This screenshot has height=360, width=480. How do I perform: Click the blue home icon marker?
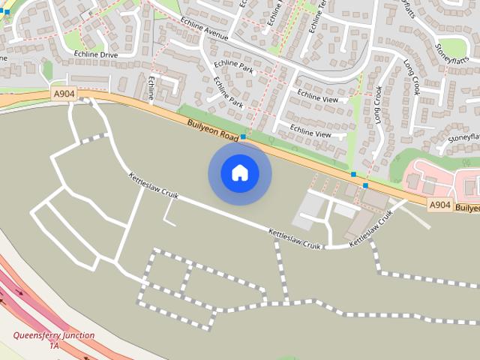[240, 173]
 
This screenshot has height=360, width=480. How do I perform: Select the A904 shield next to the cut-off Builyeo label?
[439, 204]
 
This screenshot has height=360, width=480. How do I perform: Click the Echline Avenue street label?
[203, 34]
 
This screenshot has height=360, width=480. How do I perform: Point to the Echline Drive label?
[95, 55]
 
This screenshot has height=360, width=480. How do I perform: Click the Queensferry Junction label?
[55, 335]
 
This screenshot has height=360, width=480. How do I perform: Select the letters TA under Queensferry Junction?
[54, 346]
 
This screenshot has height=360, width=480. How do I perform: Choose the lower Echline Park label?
[227, 91]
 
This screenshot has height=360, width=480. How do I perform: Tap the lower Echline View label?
[310, 133]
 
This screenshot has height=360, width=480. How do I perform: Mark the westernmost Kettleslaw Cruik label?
[153, 187]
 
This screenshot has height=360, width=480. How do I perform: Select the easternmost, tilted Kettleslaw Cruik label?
[371, 227]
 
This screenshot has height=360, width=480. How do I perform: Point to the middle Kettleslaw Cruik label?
[295, 241]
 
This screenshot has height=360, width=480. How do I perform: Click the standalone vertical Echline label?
[153, 88]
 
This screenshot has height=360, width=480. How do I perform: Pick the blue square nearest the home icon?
[244, 137]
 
